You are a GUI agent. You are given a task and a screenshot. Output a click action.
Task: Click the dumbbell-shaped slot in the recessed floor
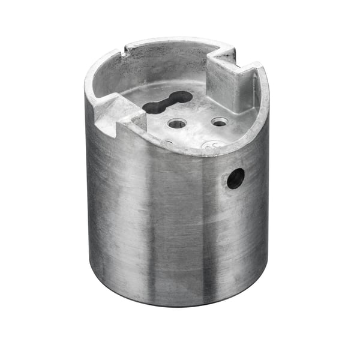click(x=167, y=103)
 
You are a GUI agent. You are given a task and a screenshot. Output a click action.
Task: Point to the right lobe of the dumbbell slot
click(x=181, y=97)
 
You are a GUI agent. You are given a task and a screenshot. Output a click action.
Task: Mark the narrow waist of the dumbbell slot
click(x=168, y=103)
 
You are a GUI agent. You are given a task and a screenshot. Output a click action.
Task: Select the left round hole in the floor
click(x=177, y=124)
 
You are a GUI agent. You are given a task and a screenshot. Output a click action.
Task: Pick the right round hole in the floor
click(x=220, y=122)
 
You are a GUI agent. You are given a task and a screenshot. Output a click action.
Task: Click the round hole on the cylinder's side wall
click(x=235, y=178)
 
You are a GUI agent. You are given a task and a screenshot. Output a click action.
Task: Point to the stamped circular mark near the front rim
click(x=210, y=145)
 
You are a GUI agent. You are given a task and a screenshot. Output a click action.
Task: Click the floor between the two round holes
click(x=199, y=124)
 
